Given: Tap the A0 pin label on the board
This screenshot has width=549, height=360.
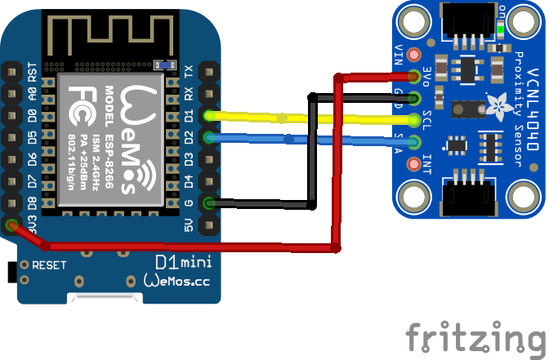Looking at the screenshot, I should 33,94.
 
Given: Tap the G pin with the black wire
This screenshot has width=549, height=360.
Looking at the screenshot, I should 209,203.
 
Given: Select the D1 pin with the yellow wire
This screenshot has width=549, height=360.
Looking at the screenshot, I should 209,115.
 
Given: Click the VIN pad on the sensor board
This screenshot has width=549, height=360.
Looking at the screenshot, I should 414,55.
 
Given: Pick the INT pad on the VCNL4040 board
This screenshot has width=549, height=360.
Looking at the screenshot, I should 414,163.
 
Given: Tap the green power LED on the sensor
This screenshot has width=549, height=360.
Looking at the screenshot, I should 500,32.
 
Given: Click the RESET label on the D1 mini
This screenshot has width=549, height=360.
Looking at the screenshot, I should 49,265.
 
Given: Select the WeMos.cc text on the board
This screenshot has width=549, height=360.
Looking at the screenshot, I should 176,281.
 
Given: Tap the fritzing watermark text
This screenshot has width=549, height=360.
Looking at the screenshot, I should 476,337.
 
